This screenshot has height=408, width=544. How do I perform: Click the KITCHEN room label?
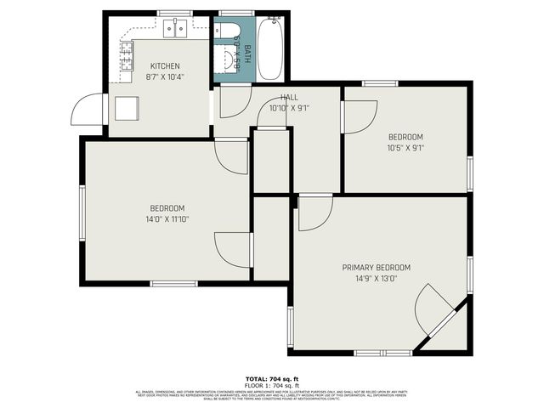tap(166, 66)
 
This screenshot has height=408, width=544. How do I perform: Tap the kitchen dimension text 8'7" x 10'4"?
tap(166, 76)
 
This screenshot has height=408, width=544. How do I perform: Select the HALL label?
tap(289, 98)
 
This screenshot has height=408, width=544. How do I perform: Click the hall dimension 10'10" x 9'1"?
tap(289, 108)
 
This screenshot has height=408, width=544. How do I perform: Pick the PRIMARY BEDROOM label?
tap(377, 267)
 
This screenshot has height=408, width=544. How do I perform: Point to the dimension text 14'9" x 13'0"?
tap(377, 278)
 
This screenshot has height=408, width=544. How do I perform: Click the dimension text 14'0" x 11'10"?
tap(167, 218)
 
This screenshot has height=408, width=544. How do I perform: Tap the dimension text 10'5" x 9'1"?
tap(405, 147)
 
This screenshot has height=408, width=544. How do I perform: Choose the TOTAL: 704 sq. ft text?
tap(272, 379)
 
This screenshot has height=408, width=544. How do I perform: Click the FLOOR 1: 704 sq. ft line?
tap(272, 385)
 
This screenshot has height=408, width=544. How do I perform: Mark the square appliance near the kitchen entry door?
tap(127, 109)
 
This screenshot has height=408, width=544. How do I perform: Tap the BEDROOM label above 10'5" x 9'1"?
tap(405, 137)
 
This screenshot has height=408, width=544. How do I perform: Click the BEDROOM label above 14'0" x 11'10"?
tap(167, 208)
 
